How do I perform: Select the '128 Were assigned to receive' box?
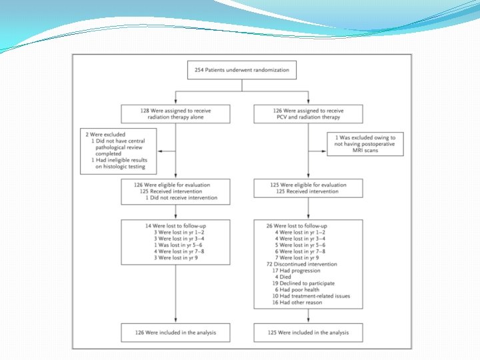coord(176,113)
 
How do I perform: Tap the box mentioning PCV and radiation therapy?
coord(308,113)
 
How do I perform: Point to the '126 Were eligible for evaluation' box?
coord(176,191)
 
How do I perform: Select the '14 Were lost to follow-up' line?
coord(169,225)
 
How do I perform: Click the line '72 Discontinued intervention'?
coord(295,264)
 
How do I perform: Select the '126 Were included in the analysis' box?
coord(176,332)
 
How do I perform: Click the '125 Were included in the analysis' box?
coord(308,332)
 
